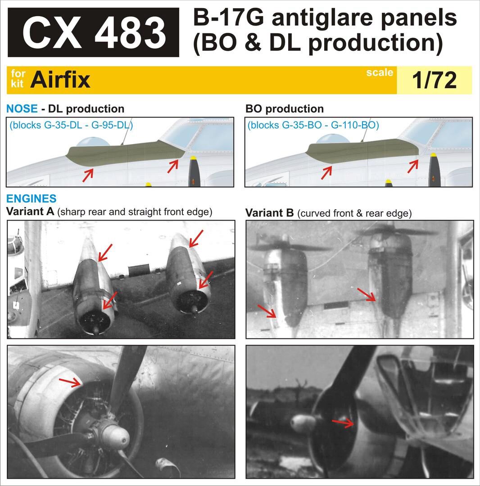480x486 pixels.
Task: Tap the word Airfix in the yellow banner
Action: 60,80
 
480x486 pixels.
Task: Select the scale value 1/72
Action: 434,80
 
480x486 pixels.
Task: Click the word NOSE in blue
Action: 22,109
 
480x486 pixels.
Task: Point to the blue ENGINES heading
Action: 32,198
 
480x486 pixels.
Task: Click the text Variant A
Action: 30,211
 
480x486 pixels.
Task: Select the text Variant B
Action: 269,213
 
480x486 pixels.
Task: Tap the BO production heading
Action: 285,109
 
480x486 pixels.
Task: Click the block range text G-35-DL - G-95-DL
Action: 71,125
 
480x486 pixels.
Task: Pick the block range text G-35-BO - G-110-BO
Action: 313,125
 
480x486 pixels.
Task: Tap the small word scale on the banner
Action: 380,72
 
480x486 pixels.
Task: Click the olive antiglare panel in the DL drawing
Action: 124,152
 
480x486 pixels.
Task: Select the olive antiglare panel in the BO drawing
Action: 363,151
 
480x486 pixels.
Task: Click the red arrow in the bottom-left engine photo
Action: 70,382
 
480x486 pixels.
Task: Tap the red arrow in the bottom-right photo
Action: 343,422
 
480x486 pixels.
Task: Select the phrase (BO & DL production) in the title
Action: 318,43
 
